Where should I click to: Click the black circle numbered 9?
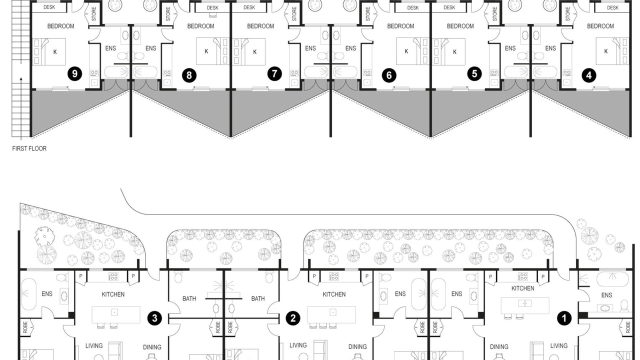pos(74,74)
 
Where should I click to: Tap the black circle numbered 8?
pos(189,75)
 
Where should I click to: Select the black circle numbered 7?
pos(274,74)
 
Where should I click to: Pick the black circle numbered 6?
pos(389,75)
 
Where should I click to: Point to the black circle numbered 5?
pos(474,74)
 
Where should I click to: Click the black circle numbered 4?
pos(589,75)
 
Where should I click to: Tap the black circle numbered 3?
pos(154,318)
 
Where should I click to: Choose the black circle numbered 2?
pos(293,318)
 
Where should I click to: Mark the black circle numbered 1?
pos(564,318)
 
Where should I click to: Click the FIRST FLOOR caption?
pos(29,148)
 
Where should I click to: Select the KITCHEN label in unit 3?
pos(113,294)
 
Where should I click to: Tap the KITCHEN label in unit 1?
pos(523,288)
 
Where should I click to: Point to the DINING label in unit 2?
pos(357,346)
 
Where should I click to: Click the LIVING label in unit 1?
pos(559,345)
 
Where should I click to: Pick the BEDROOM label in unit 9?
pos(60,26)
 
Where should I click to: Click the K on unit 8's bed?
pos(206,51)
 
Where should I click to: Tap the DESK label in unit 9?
pos(49,7)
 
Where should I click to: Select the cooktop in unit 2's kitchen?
pos(333,276)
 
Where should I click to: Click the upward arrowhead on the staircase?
pos(21,79)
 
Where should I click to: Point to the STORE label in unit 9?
pos(94,13)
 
